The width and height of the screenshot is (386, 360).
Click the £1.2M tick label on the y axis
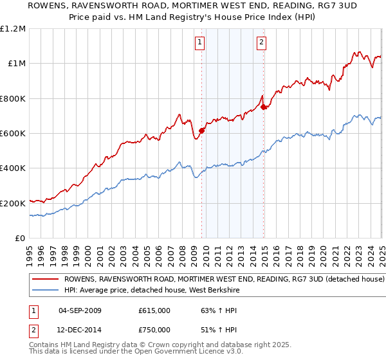point(14,29)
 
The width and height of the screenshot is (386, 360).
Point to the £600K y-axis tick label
point(14,134)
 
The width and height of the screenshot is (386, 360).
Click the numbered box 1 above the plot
point(200,43)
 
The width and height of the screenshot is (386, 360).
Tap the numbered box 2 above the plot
point(262,43)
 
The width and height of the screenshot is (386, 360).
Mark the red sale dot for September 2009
point(201,130)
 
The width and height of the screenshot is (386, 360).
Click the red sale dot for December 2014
point(264,107)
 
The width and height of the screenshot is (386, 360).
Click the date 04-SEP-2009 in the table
point(80,310)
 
